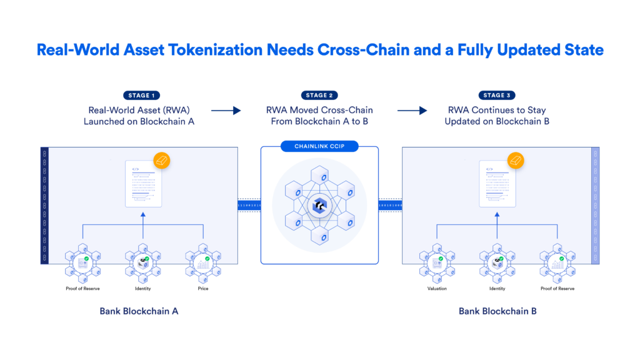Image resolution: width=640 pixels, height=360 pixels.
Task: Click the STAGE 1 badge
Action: (139, 95)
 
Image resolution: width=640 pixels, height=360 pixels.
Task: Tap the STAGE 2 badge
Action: (319, 95)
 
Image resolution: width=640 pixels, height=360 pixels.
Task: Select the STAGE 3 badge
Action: (497, 95)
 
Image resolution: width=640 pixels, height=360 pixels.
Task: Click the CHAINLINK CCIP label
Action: (319, 146)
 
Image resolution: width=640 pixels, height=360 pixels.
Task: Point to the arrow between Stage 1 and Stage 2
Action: (226, 111)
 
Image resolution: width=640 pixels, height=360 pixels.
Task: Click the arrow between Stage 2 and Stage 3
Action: (412, 111)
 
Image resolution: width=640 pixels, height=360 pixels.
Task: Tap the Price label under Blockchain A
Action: (203, 289)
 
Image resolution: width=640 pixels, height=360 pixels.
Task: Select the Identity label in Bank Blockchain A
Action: (143, 289)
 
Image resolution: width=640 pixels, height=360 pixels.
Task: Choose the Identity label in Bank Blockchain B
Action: (497, 289)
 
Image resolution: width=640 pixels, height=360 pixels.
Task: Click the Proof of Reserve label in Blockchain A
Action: (82, 289)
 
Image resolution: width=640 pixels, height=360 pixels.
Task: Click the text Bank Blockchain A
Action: (139, 311)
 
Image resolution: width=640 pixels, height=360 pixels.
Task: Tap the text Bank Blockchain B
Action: (497, 311)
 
